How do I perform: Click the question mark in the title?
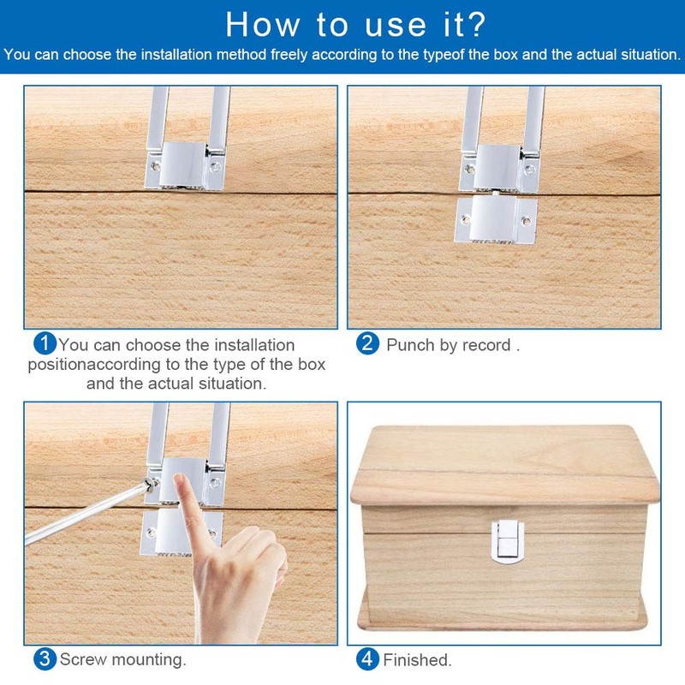[x=474, y=25]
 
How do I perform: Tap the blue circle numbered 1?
[x=45, y=343]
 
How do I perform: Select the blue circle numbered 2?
[x=367, y=343]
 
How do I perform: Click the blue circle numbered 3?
[x=45, y=659]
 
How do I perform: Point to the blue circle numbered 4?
[x=367, y=659]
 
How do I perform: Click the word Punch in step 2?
[x=410, y=345]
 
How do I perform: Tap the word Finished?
[x=417, y=660]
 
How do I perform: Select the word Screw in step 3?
[x=82, y=659]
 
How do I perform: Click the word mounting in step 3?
[x=148, y=660]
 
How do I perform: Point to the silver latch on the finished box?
[x=507, y=541]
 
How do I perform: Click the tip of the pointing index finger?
[x=179, y=477]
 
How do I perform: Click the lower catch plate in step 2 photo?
[x=496, y=219]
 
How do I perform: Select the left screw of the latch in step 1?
[x=155, y=166]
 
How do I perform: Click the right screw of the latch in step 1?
[x=215, y=166]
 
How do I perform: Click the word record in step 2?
[x=486, y=345]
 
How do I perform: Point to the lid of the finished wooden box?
[x=504, y=465]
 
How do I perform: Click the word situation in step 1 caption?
[x=232, y=384]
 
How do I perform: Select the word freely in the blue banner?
[x=289, y=55]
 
